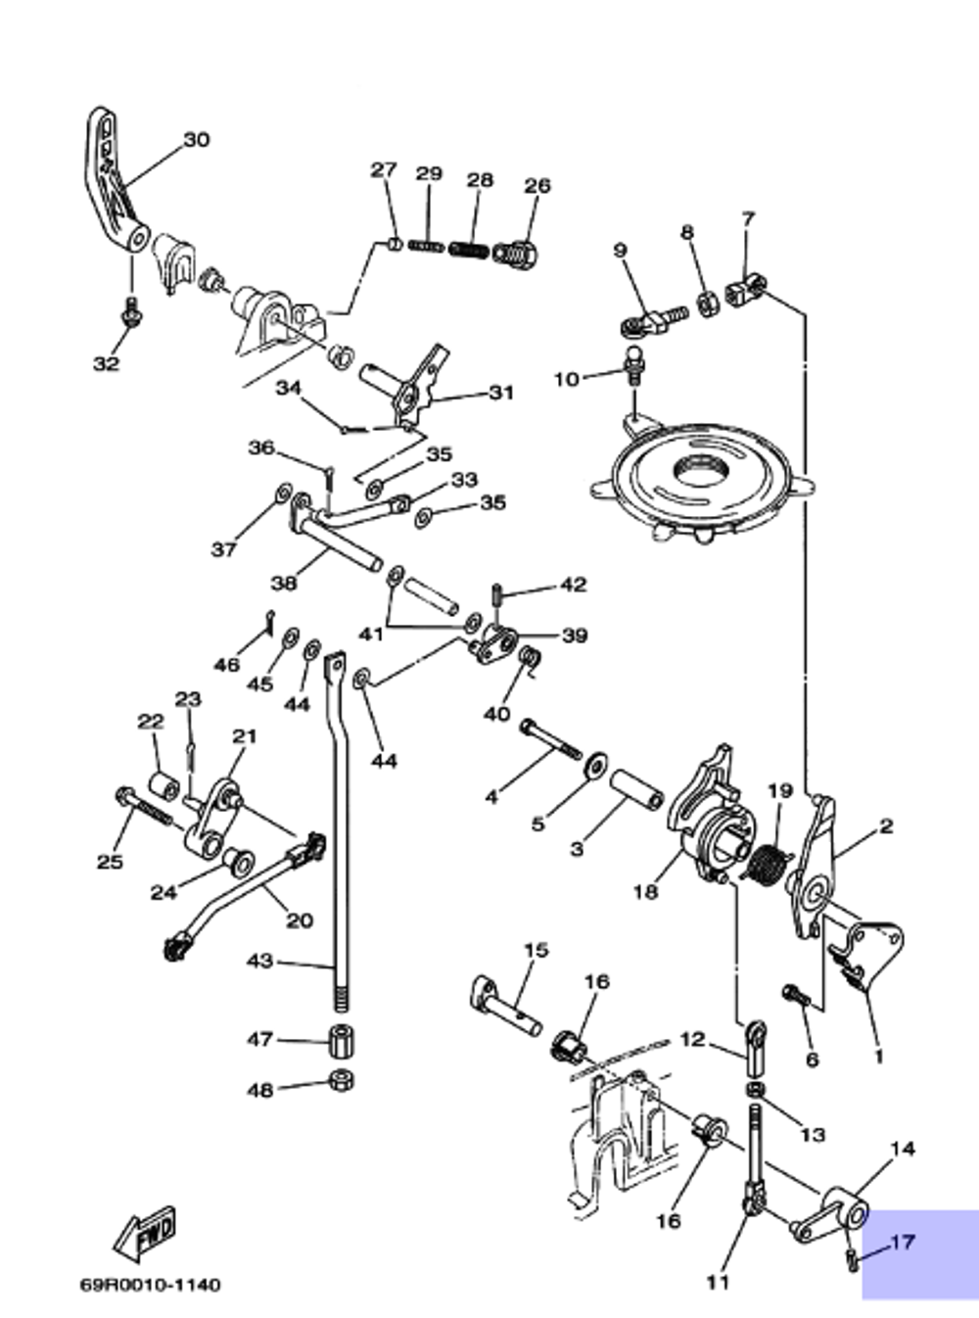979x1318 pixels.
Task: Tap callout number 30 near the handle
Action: click(x=197, y=140)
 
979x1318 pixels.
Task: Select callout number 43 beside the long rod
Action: click(x=260, y=961)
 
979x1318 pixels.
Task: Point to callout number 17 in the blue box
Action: click(x=902, y=1242)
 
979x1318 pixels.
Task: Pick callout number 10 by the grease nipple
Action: click(x=567, y=379)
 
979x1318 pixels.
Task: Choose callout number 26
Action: click(x=537, y=186)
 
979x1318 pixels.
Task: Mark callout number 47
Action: click(x=260, y=1039)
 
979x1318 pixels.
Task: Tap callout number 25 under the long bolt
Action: click(x=110, y=861)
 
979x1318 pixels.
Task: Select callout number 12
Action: click(x=692, y=1039)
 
